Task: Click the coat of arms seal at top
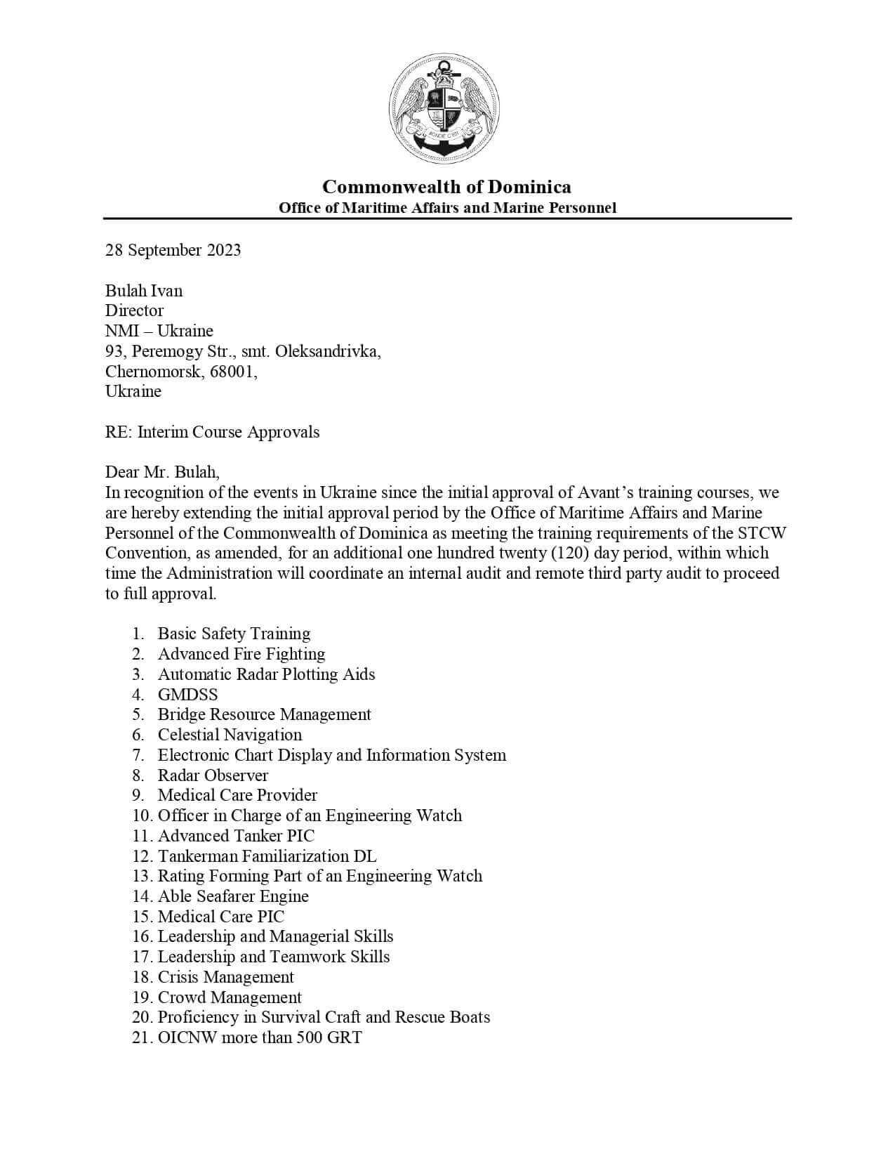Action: (444, 108)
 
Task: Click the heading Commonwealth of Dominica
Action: (446, 187)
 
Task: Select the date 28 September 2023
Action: (173, 251)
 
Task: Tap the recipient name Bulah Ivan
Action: (144, 291)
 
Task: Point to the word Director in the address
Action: (134, 310)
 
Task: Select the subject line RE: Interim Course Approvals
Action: (212, 432)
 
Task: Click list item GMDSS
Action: (187, 695)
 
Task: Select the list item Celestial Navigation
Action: (230, 735)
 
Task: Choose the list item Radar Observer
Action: (213, 775)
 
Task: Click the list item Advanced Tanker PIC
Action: (236, 836)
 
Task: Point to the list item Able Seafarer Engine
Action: (233, 896)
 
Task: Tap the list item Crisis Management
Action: (226, 977)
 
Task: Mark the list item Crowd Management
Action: (230, 997)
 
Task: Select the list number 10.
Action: (141, 816)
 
